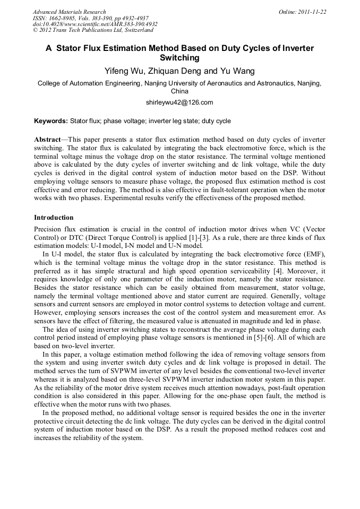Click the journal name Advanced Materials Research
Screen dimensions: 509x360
[x=69, y=12]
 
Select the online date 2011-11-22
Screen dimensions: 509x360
[x=312, y=12]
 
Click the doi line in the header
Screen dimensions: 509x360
[x=95, y=24]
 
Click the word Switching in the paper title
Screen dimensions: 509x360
[x=179, y=57]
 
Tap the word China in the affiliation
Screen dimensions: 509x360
[x=179, y=91]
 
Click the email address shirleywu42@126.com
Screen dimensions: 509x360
[x=179, y=102]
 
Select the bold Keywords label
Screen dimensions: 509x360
[x=51, y=121]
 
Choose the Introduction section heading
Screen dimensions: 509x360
[x=54, y=218]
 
